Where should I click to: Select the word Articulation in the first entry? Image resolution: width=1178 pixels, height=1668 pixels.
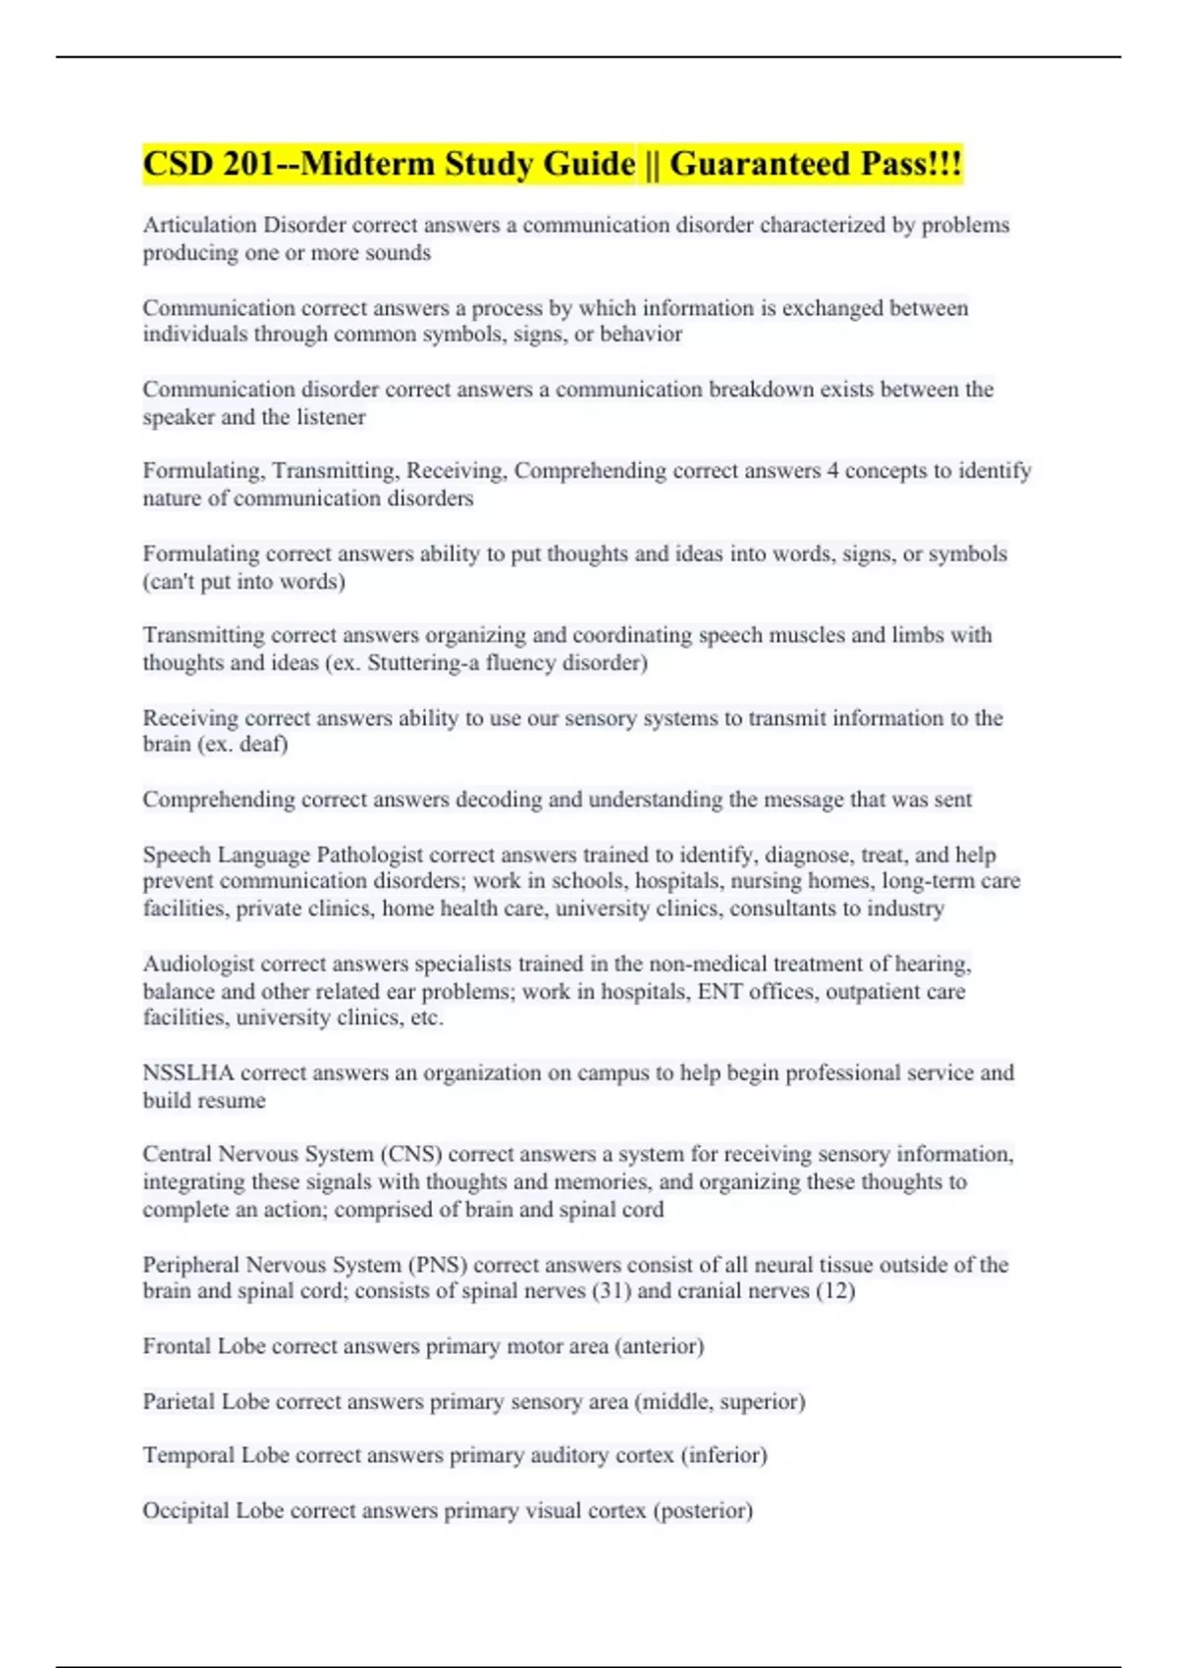pos(199,225)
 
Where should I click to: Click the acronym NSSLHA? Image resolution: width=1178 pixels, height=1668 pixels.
pos(187,1072)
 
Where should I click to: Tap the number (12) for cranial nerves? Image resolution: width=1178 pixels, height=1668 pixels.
pos(835,1290)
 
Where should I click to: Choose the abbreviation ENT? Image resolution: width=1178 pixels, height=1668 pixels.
pos(720,991)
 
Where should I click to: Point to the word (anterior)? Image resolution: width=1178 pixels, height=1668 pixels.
pos(659,1346)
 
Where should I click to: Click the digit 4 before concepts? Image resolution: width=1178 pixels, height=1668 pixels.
pos(832,471)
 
